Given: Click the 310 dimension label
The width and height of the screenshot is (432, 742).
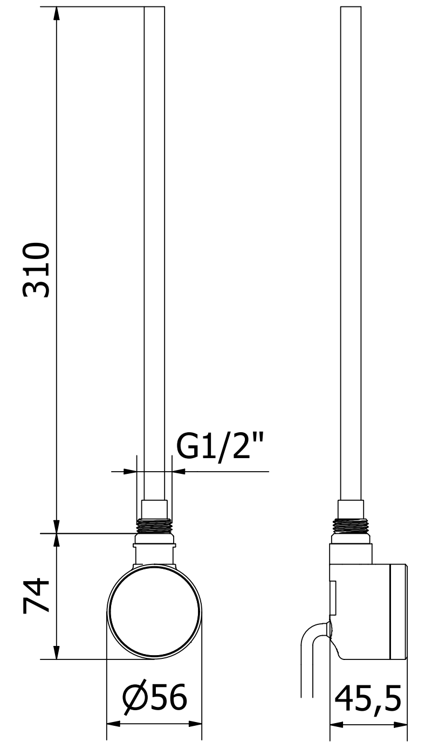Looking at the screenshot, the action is pos(36,270).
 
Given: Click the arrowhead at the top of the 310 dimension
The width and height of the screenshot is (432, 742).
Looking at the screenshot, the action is pos(57,16).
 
